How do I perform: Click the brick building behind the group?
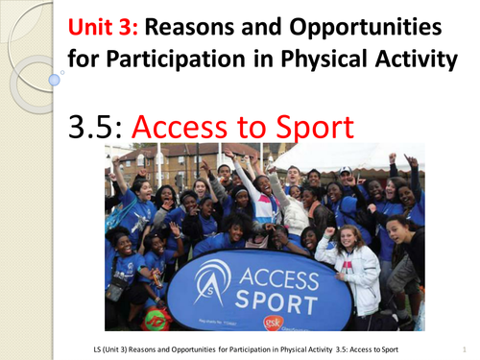point(173,159)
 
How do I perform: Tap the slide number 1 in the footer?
point(464,348)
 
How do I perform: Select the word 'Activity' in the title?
point(409,62)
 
